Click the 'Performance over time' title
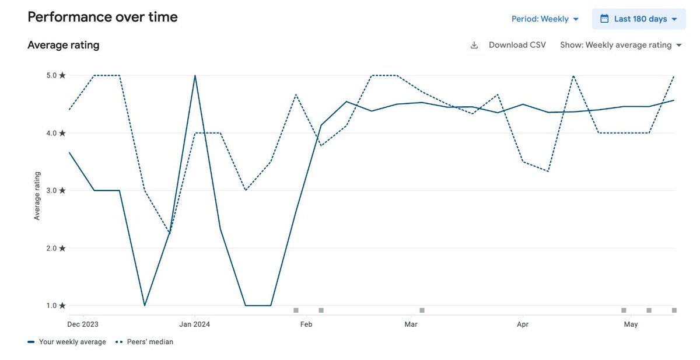click(x=103, y=17)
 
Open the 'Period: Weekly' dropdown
click(x=545, y=19)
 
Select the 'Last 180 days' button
click(x=639, y=19)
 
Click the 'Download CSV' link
click(x=516, y=45)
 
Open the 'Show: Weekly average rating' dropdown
click(x=621, y=45)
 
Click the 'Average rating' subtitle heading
click(x=63, y=45)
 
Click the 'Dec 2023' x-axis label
click(x=83, y=324)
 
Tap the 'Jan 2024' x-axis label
click(x=194, y=324)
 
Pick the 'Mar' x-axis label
click(x=411, y=324)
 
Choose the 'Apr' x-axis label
click(x=523, y=324)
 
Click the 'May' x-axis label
click(x=631, y=324)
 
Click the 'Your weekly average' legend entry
click(x=66, y=342)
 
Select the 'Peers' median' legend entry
click(x=145, y=342)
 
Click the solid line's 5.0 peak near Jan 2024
click(x=195, y=75)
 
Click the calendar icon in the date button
click(x=604, y=19)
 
